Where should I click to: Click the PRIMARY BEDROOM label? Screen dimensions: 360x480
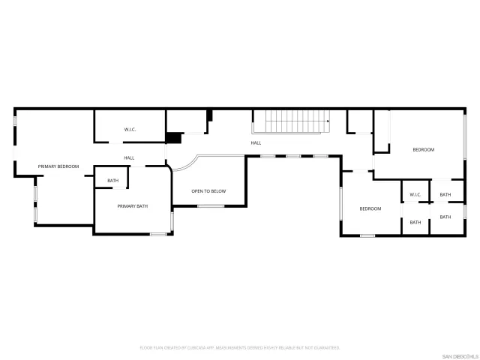tap(58, 166)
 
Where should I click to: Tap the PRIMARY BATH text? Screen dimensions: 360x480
tap(132, 205)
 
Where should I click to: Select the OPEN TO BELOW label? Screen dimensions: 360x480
tap(208, 191)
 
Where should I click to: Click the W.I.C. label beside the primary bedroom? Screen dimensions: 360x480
tap(130, 130)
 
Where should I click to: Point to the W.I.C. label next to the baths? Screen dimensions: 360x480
tap(415, 195)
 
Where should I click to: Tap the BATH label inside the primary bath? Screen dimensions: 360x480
tap(112, 181)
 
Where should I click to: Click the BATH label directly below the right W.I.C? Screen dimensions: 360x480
tap(415, 222)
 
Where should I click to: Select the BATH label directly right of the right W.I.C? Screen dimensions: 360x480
tap(445, 195)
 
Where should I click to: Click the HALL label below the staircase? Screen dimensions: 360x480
tap(256, 142)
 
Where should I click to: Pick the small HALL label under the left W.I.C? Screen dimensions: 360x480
tap(129, 157)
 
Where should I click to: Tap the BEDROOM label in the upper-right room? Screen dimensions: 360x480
tap(423, 150)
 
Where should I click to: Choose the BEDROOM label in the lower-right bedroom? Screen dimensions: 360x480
tap(370, 208)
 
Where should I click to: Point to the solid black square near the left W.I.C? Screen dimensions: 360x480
tap(174, 138)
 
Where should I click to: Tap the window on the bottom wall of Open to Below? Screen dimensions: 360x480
tap(211, 205)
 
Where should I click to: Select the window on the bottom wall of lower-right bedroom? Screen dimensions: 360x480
tap(367, 235)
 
